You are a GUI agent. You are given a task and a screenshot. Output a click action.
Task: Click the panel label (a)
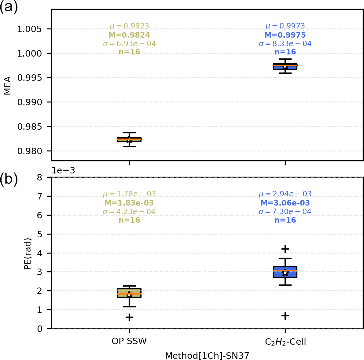[x=9, y=7]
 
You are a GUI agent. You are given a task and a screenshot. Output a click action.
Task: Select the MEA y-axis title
[x=8, y=85]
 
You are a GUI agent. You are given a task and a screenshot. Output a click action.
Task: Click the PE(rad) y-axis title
[x=28, y=254]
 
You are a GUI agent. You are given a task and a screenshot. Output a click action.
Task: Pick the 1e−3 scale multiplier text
[x=63, y=171]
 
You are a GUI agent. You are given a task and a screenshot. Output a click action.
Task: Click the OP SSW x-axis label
[x=129, y=341]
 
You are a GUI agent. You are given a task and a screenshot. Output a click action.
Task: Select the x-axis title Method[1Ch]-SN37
[x=207, y=356]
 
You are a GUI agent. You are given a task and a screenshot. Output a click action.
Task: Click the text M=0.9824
[x=129, y=35]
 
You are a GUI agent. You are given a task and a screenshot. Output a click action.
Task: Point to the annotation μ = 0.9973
[x=285, y=26]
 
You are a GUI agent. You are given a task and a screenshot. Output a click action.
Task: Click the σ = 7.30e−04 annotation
[x=285, y=212]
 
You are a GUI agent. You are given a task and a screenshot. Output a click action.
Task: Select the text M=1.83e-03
[x=129, y=203]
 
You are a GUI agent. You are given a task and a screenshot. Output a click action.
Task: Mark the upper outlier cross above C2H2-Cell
[x=285, y=249]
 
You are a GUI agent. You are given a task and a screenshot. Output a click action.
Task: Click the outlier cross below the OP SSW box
[x=129, y=317]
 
